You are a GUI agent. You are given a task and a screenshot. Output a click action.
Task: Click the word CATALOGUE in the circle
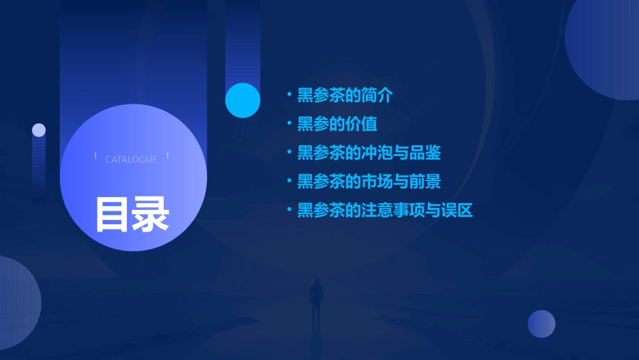[x=131, y=159]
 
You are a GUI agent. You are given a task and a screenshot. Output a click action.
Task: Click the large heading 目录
[x=132, y=214]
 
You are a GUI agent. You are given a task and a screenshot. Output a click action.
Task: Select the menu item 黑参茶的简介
[x=344, y=95]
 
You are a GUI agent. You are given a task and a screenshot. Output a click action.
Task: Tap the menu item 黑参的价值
[x=337, y=124]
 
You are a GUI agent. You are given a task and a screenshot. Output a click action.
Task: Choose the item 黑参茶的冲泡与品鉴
[x=369, y=153]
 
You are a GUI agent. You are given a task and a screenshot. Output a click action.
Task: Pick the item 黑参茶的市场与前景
[x=369, y=182]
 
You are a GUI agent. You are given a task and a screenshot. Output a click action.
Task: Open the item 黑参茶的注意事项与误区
[x=385, y=211]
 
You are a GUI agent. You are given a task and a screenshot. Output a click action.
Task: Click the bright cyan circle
[x=243, y=100]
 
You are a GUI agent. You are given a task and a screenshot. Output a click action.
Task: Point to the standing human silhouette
[x=315, y=300]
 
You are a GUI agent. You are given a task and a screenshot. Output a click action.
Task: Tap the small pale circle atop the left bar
[x=39, y=130]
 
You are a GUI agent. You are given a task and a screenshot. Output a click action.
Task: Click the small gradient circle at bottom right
[x=541, y=324]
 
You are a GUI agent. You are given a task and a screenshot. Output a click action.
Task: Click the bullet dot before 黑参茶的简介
[x=289, y=95]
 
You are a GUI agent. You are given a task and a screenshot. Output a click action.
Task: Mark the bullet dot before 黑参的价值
[x=289, y=124]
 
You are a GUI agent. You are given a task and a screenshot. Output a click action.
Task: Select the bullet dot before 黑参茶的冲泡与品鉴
[x=289, y=153]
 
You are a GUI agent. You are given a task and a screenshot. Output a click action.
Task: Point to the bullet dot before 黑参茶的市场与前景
[x=289, y=182]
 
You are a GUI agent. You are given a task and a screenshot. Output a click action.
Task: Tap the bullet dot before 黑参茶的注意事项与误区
[x=289, y=211]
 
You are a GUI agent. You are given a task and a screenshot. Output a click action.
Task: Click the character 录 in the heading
[x=151, y=214]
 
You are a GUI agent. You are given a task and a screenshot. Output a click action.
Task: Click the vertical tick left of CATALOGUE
[x=96, y=156]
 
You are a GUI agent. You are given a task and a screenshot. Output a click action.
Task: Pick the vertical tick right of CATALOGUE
[x=167, y=156]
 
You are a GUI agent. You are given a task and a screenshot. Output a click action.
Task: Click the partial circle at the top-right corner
[x=605, y=47]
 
